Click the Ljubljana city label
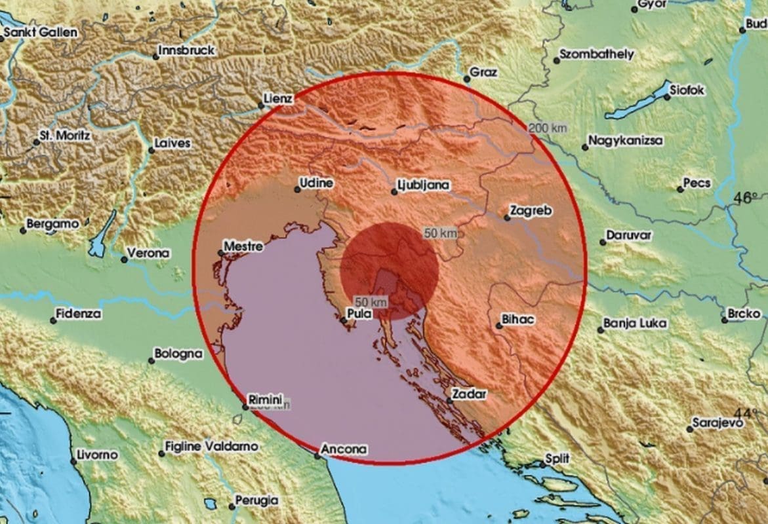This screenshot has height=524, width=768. [x=424, y=185]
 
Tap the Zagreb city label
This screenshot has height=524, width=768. [x=532, y=212]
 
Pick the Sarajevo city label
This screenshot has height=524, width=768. [x=719, y=423]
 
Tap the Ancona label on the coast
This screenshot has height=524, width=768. [x=343, y=450]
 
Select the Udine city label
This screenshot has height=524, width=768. [x=316, y=183]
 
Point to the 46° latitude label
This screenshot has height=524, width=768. [x=746, y=197]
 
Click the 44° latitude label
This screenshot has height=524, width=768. [x=746, y=413]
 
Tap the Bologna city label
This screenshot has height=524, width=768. [x=178, y=354]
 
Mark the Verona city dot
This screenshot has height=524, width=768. [x=124, y=259]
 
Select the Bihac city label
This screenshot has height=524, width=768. [x=517, y=320]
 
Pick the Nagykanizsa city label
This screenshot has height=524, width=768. [x=625, y=141]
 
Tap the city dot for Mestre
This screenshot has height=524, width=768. [x=220, y=253]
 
